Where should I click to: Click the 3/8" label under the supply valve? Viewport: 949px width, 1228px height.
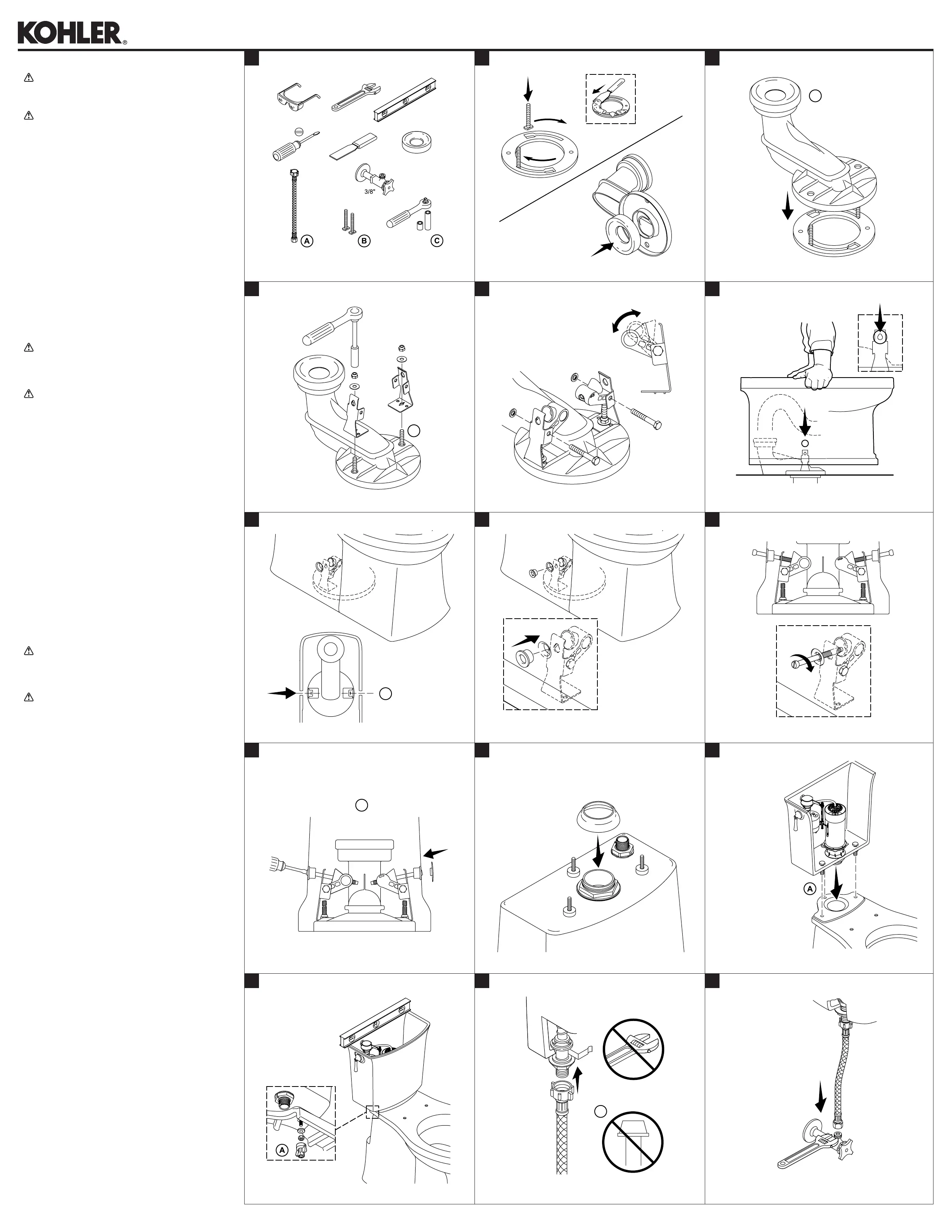pos(369,191)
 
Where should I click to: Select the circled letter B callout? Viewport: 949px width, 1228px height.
pos(364,241)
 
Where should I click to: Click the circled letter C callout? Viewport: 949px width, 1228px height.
pos(436,241)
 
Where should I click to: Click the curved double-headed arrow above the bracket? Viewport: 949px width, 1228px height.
pos(625,321)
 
